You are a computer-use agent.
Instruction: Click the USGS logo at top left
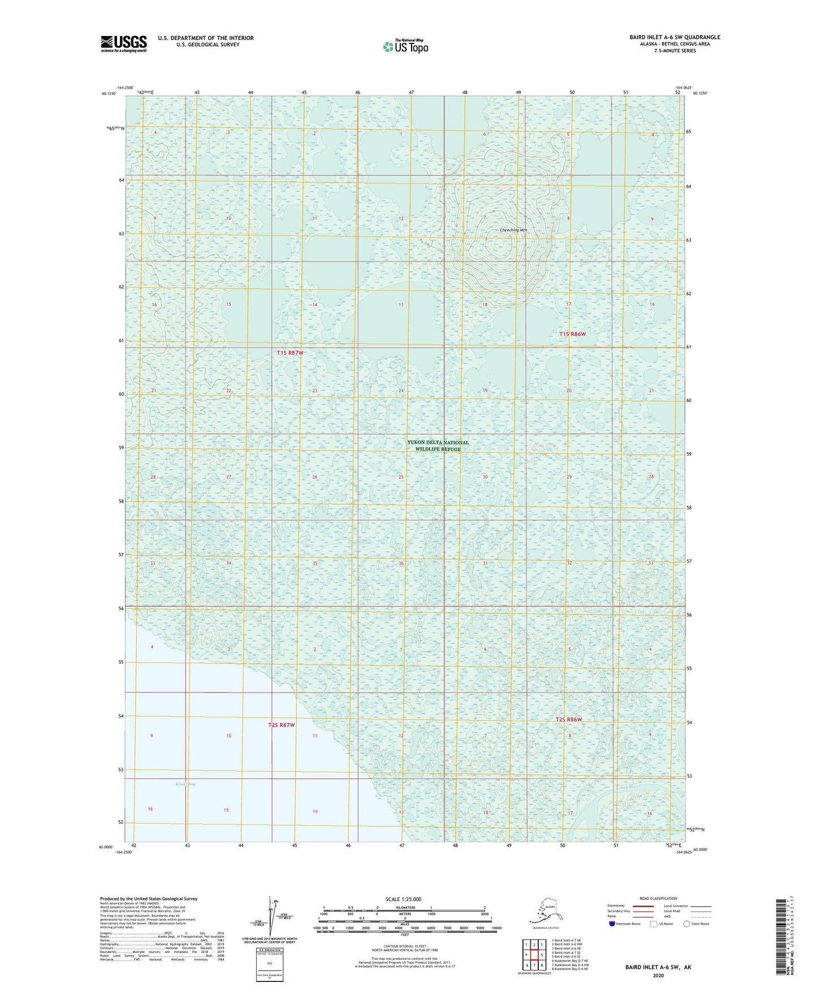coord(123,44)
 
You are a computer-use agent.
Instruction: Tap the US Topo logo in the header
coord(405,46)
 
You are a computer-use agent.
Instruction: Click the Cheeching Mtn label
coord(513,230)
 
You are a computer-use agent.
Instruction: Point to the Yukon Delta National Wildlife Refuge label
coord(438,445)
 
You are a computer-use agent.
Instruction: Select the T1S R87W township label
coord(290,353)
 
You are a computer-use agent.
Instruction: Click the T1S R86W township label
coord(572,334)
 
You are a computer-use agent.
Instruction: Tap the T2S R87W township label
coord(282,725)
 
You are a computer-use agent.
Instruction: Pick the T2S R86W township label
coord(568,720)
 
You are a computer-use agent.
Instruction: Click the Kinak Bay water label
coord(185,784)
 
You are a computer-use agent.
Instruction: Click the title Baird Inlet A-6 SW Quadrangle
coord(675,37)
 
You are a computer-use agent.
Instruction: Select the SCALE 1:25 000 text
coord(404,899)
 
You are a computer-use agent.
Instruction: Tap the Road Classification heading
coord(658,898)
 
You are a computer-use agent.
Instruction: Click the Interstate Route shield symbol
coord(612,924)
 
